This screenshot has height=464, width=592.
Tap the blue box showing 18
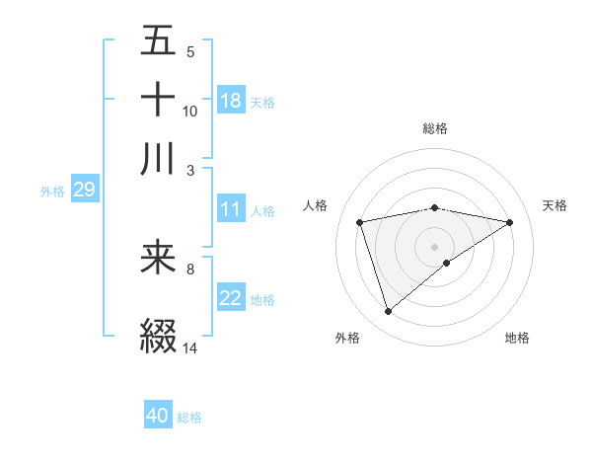pos(231,100)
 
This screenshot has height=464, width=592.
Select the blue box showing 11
pos(231,209)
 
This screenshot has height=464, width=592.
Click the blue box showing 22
pos(231,298)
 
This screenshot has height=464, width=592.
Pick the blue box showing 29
pos(84,191)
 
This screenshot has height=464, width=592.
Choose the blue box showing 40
pos(158,416)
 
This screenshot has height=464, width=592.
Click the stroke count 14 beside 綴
pos(190,348)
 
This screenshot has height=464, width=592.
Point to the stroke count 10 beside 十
pos(190,111)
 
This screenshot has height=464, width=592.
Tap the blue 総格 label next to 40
pos(189,418)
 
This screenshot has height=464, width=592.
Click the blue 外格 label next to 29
pos(52,192)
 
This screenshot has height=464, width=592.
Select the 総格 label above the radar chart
pos(435,128)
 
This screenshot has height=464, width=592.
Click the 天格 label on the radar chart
pos(555,205)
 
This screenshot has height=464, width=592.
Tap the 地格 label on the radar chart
pos(517,339)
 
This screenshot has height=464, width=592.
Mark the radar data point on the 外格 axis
pos(388,311)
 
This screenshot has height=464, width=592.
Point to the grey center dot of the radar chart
pos(435,246)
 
